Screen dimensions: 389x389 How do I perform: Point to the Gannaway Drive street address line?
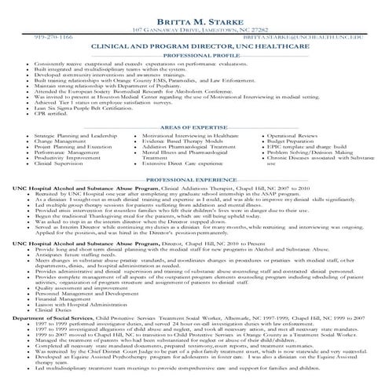(x=194, y=30)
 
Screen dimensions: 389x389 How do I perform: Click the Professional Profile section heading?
(x=194, y=57)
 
